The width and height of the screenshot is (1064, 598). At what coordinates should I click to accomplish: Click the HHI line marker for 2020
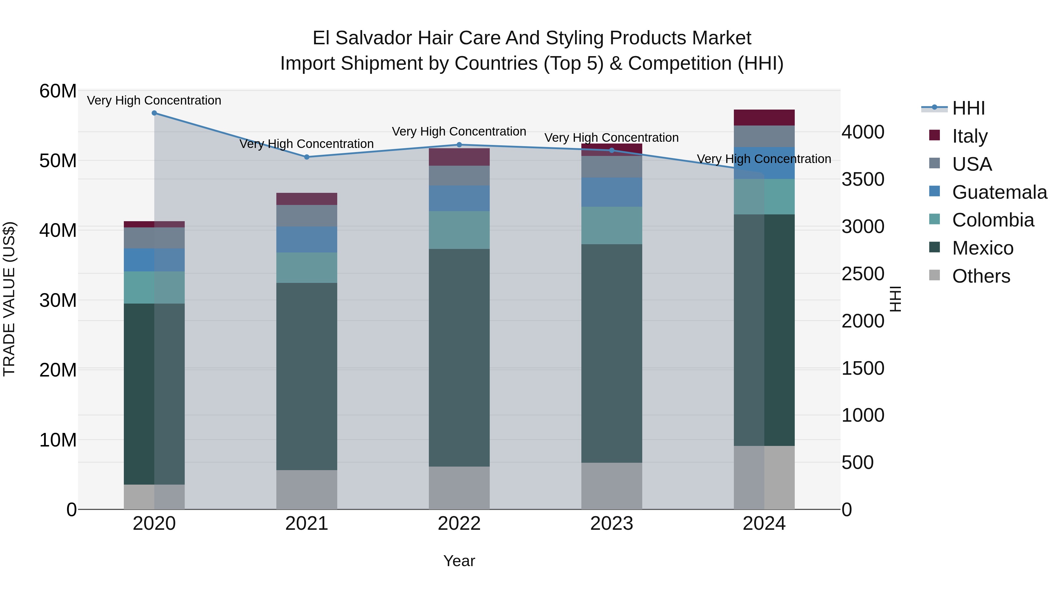pyautogui.click(x=154, y=113)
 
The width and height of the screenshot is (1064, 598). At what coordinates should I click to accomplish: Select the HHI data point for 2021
pyautogui.click(x=306, y=157)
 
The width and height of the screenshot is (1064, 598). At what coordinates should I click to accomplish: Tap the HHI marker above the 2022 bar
pyautogui.click(x=459, y=144)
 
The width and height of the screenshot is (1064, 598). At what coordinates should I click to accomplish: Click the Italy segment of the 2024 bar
pyautogui.click(x=764, y=117)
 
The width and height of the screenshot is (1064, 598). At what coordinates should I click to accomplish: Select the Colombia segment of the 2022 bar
pyautogui.click(x=459, y=229)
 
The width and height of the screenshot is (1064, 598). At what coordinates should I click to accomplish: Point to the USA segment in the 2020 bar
pyautogui.click(x=154, y=237)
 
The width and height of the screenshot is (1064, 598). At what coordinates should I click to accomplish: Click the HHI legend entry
pyautogui.click(x=968, y=108)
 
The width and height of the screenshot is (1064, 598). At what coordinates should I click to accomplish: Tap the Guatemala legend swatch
pyautogui.click(x=934, y=191)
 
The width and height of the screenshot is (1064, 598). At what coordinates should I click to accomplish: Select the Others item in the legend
pyautogui.click(x=981, y=276)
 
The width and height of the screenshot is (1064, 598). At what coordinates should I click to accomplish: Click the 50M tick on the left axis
pyautogui.click(x=58, y=161)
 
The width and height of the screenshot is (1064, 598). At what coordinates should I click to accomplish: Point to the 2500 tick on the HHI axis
pyautogui.click(x=863, y=274)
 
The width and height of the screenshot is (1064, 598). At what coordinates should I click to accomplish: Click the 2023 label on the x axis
pyautogui.click(x=611, y=523)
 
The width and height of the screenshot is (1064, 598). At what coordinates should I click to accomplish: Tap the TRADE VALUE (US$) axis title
pyautogui.click(x=9, y=299)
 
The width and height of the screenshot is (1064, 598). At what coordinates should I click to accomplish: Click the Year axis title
pyautogui.click(x=459, y=561)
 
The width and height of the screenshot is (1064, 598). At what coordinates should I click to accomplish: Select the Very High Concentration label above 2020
pyautogui.click(x=154, y=100)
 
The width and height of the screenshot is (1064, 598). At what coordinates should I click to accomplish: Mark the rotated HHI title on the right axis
pyautogui.click(x=895, y=299)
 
